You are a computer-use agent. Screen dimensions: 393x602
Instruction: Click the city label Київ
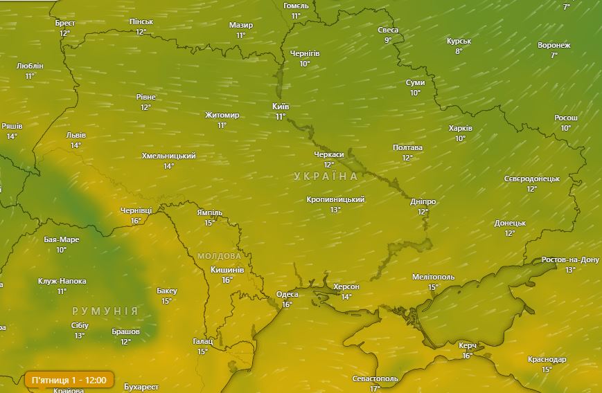[x=281, y=107]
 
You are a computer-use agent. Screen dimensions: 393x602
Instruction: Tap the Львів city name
[x=76, y=136]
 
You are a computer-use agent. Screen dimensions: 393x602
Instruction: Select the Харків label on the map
[x=460, y=129]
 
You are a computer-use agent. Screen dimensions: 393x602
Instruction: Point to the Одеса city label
[x=287, y=295]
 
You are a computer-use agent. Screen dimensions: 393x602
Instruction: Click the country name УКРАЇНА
[x=326, y=176]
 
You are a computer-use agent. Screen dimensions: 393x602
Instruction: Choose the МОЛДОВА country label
[x=219, y=256]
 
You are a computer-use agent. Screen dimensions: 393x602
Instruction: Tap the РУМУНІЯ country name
[x=105, y=311]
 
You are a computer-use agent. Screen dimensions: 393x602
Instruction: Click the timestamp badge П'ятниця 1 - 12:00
[x=69, y=380]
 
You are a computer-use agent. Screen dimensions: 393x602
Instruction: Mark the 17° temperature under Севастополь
[x=375, y=388]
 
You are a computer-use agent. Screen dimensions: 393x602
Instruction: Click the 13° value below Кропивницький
[x=335, y=209]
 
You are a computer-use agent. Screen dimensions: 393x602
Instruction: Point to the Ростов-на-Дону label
[x=570, y=260]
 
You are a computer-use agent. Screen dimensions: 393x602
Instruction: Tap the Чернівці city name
[x=136, y=211]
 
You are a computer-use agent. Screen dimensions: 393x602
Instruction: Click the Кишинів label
[x=227, y=270]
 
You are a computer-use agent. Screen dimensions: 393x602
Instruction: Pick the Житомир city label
[x=222, y=116]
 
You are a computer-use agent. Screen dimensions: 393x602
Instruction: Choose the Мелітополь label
[x=433, y=277]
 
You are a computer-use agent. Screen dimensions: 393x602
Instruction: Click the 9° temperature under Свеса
[x=388, y=40]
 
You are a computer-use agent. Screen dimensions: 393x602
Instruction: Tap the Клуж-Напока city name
[x=62, y=282]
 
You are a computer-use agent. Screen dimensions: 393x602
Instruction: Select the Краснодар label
[x=547, y=360]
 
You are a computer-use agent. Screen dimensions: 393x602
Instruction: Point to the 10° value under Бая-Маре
[x=61, y=250]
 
